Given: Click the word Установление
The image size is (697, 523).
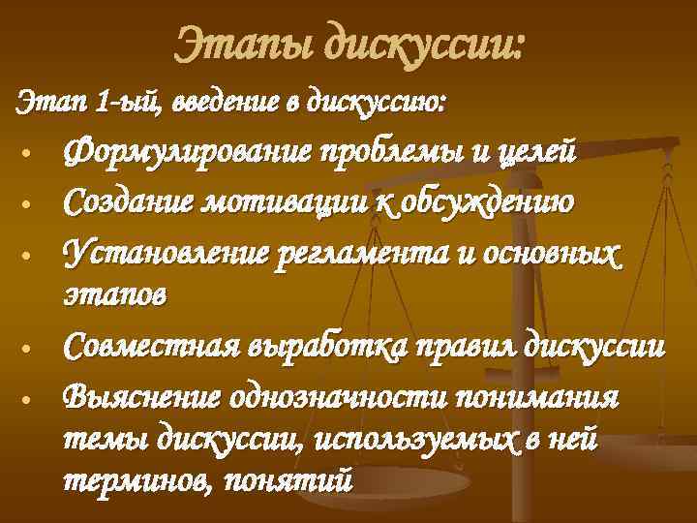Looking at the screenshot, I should pos(166,253).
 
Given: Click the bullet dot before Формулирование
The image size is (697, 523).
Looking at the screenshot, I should pos(33,155).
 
